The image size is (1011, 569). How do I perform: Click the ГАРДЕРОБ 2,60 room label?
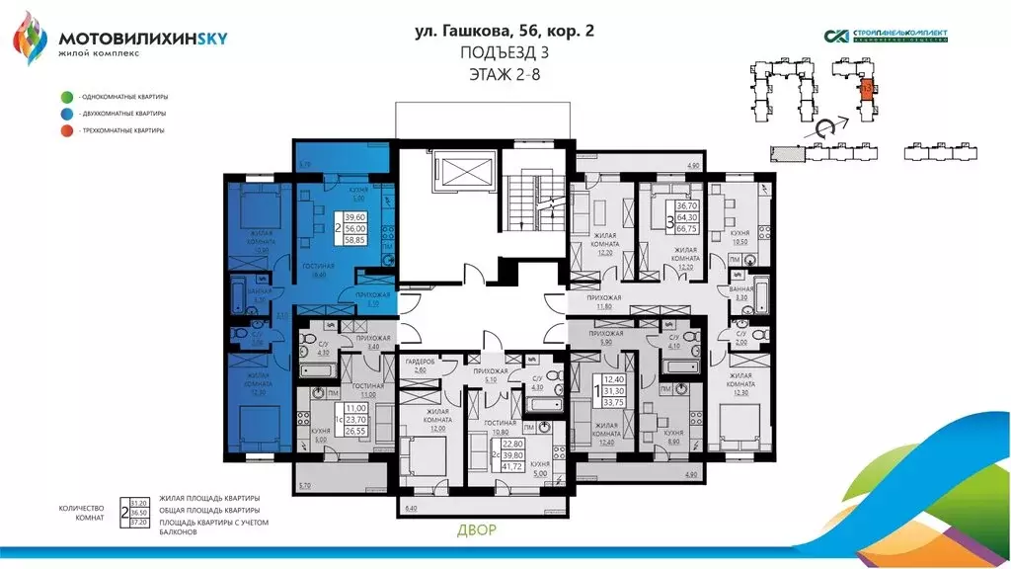coord(421,366)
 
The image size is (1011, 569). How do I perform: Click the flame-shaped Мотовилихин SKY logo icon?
coord(30,38)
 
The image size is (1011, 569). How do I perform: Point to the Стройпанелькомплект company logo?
coord(886,37)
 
